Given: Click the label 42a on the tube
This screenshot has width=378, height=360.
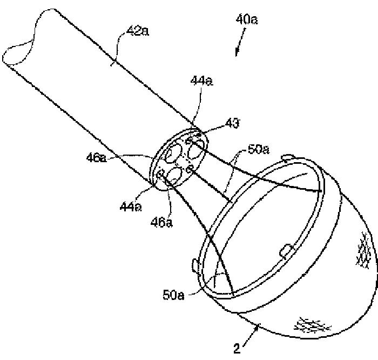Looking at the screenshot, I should (138, 33).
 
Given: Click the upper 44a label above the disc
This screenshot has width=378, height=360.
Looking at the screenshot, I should (201, 81).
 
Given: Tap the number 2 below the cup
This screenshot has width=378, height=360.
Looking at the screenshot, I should (237, 349).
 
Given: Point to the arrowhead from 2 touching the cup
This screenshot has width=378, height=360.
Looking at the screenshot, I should (257, 324).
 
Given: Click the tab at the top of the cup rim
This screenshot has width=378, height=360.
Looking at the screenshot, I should (289, 157).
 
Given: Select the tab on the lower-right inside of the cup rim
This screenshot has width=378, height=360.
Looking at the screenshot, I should (286, 250).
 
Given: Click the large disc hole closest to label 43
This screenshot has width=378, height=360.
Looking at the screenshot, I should (199, 146).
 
